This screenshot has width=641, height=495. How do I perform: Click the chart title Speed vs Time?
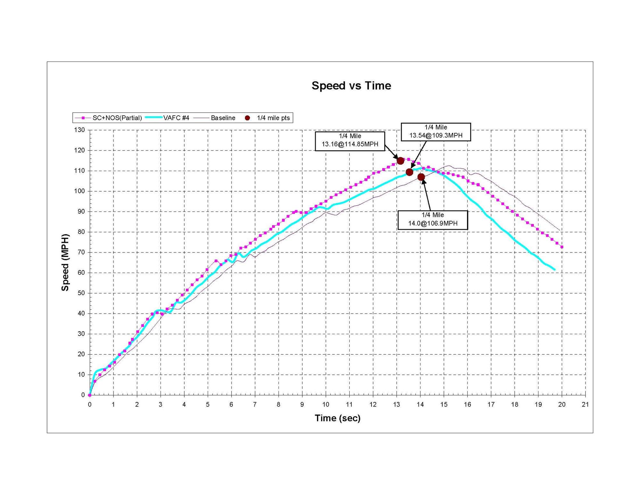[351, 86]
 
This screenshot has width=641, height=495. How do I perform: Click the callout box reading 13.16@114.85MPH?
[350, 141]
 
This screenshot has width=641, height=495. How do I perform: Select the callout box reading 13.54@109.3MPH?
[436, 132]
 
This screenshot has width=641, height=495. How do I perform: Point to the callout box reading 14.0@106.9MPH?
[432, 220]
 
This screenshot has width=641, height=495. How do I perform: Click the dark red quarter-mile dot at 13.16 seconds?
[400, 161]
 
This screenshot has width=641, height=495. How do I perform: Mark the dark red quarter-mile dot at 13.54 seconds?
[409, 172]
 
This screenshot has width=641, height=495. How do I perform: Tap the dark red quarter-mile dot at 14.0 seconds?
[421, 177]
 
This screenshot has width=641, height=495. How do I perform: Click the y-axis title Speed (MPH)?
[65, 262]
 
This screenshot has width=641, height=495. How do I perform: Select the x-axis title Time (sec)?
[337, 418]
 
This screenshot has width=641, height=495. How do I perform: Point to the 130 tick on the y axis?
[79, 130]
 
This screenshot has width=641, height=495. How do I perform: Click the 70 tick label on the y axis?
[81, 252]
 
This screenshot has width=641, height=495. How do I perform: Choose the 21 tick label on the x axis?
[585, 405]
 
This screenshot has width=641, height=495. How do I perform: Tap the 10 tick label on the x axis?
[326, 405]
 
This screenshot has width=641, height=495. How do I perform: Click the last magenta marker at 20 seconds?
[562, 247]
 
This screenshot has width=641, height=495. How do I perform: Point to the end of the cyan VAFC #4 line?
[554, 269]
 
